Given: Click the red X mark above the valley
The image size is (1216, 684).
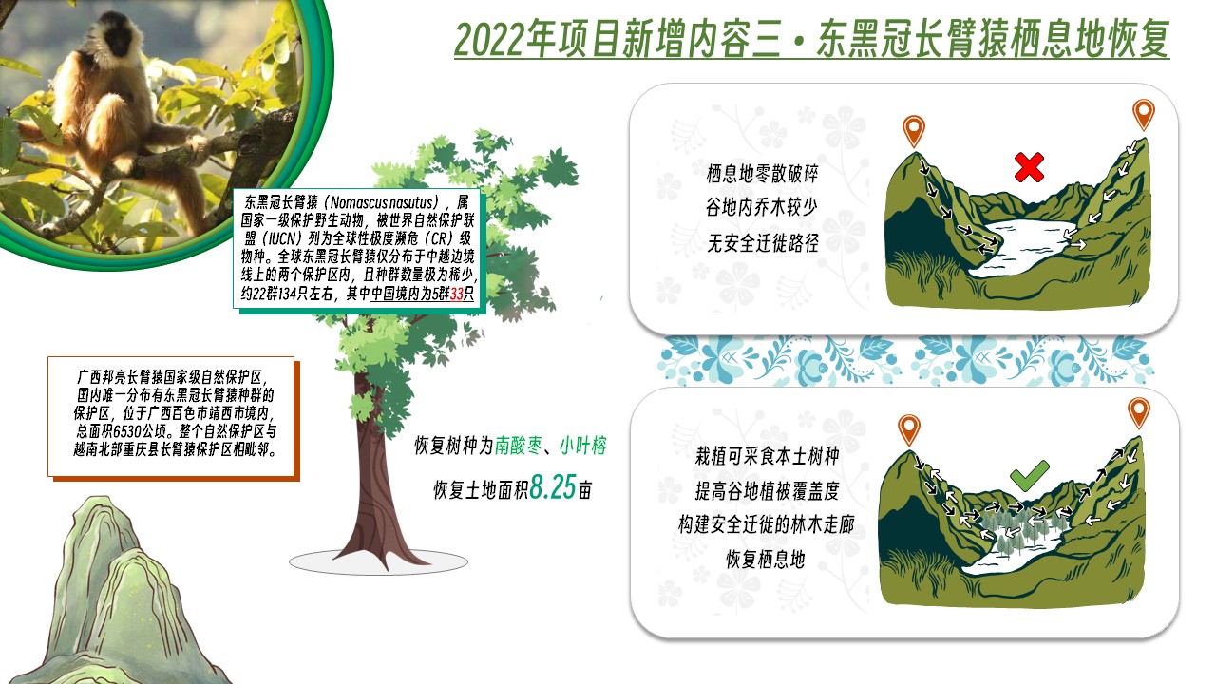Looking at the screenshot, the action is (1029, 166).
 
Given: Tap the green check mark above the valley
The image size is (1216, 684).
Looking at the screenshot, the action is (1029, 476).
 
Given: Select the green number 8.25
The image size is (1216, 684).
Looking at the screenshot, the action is (553, 487).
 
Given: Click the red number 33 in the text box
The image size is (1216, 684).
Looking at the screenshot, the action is (457, 294).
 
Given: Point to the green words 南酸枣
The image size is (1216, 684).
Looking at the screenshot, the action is (519, 446).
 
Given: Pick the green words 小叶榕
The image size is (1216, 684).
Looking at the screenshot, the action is (583, 446).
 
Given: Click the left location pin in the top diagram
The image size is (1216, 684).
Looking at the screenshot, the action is (914, 130).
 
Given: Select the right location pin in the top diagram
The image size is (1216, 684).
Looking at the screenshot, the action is (1143, 114).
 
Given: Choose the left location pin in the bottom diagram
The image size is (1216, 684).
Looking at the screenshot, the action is (909, 430).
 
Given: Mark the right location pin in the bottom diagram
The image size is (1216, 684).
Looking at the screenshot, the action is (1138, 412).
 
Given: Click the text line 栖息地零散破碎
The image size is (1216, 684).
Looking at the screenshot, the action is (762, 174).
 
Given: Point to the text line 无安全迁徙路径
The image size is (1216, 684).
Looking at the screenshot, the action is (762, 243).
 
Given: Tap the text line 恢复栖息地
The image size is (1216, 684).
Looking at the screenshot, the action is (766, 560).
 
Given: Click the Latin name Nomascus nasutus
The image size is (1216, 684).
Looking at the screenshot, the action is (381, 203).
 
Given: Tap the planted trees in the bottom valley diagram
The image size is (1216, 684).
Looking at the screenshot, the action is (1020, 526).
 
